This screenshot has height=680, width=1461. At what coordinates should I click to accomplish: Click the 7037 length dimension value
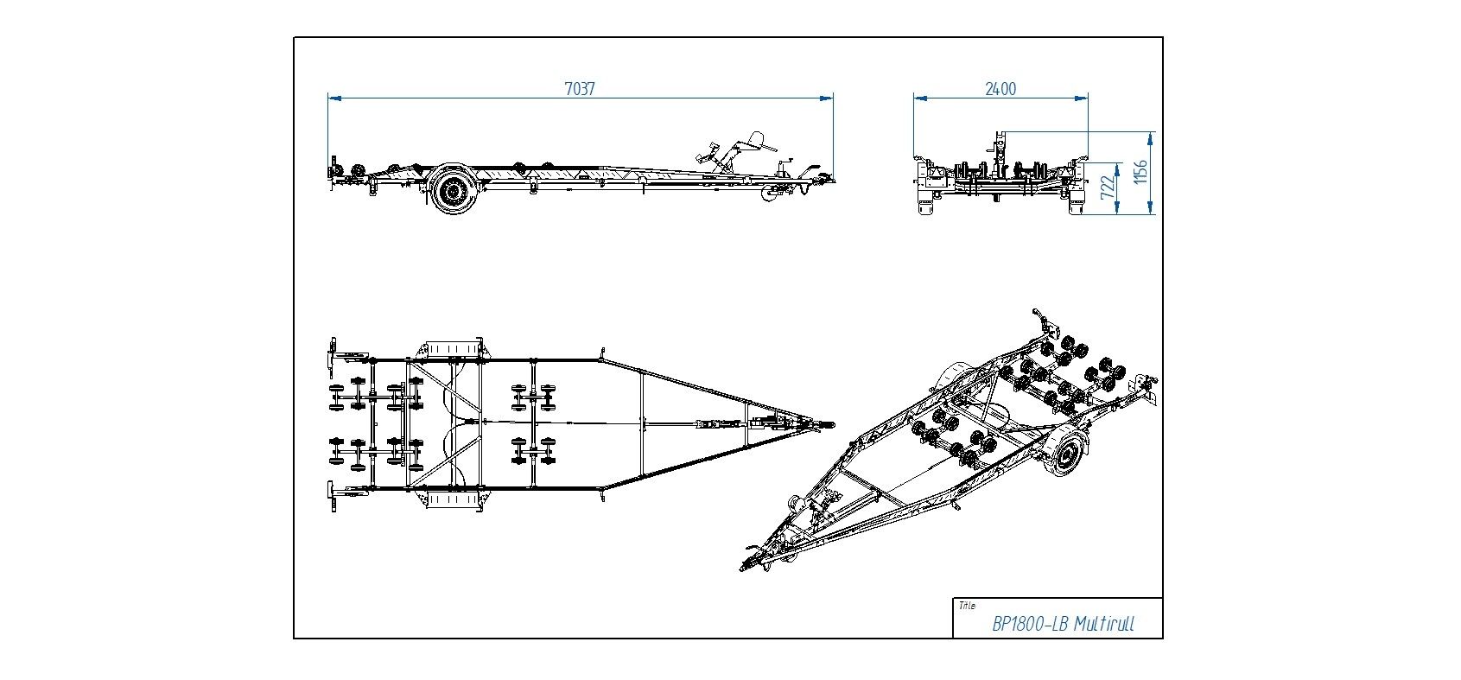pos(580,88)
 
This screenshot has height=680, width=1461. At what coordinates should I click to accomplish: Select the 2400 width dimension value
pos(1000,88)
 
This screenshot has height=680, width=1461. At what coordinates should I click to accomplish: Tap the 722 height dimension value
pos(1108,188)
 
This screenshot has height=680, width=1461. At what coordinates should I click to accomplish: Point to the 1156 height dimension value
pos(1141,172)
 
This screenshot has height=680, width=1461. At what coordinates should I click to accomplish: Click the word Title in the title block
pos(967,606)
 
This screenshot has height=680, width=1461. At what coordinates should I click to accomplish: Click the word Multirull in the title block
pos(1105,625)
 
